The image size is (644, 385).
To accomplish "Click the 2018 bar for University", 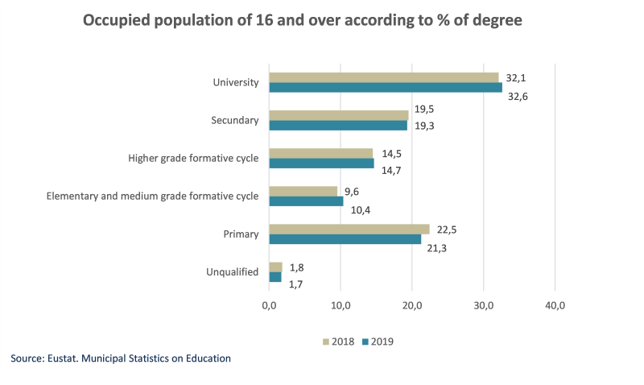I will [383, 77].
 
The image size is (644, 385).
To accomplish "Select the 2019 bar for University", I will [385, 88].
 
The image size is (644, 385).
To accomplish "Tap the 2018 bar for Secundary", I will [338, 115].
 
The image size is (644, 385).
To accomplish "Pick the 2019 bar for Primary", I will [345, 239].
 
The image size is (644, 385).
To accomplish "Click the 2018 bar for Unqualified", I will [275, 267].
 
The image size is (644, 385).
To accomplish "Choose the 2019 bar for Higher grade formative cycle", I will [321, 164].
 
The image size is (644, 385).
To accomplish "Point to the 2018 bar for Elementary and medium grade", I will [303, 191].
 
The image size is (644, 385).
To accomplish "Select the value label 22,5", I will [447, 229].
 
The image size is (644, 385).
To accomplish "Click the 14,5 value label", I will [392, 153].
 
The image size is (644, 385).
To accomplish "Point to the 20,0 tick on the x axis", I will [412, 306].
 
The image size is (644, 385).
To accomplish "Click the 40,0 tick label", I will [555, 306].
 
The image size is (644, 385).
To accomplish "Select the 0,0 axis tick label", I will [269, 306].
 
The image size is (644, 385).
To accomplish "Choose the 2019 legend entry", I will [377, 342].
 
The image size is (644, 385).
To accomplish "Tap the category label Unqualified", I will [233, 272].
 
